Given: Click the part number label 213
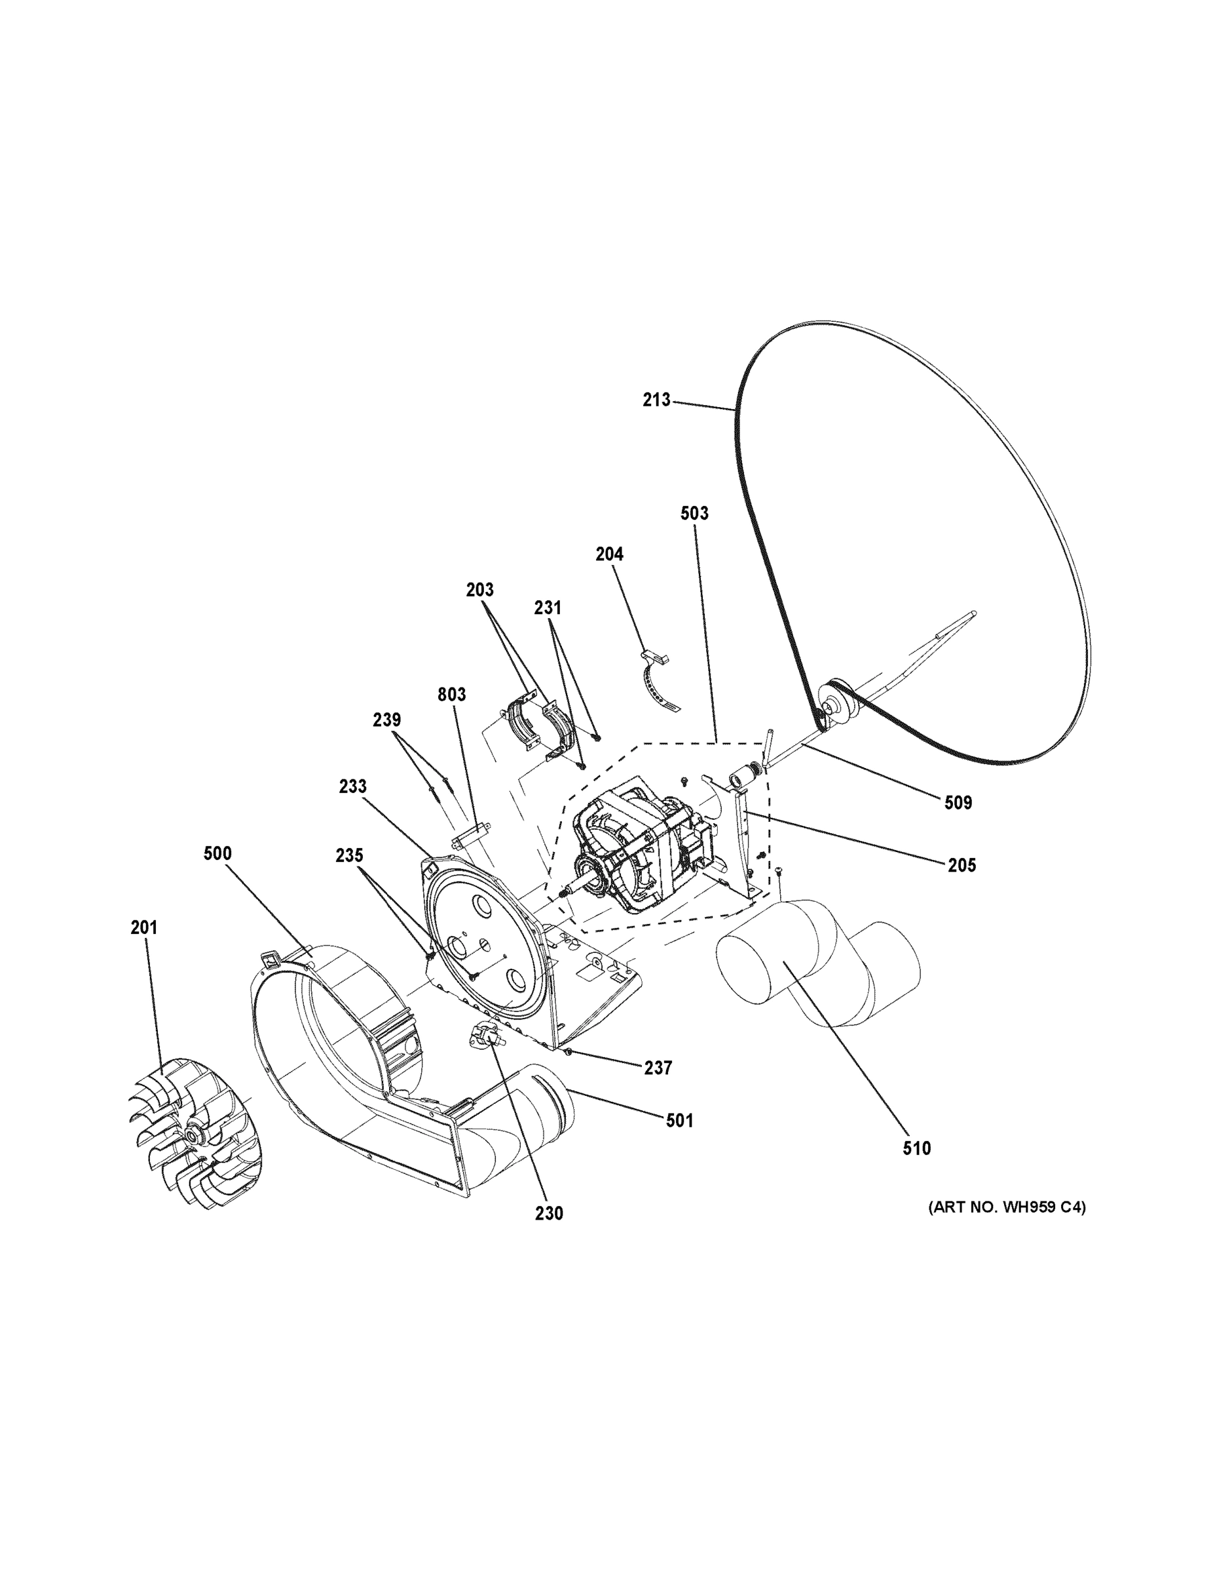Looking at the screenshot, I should tap(656, 400).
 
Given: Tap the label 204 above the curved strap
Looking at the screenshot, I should tap(609, 554).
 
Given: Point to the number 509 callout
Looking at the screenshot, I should tap(958, 802).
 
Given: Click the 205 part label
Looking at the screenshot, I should tap(962, 865).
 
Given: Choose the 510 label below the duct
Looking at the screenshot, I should tap(916, 1148).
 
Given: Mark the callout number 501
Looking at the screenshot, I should tap(679, 1120).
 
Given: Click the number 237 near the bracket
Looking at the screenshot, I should tap(658, 1068).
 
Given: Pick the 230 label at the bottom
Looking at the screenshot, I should tap(548, 1214).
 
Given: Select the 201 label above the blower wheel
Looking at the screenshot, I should tap(144, 928).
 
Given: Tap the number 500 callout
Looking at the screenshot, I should tap(217, 853).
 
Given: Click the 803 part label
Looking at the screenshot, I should tap(451, 694).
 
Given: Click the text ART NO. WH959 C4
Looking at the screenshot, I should tap(1006, 1207).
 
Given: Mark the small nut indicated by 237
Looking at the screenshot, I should tap(569, 1052).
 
